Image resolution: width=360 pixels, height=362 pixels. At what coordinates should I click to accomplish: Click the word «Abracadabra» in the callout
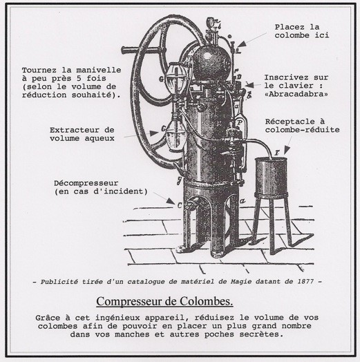(x=296, y=94)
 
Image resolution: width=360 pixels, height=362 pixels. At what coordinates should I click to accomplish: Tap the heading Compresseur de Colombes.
(x=164, y=301)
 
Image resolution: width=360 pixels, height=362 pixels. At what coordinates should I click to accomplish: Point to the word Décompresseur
(x=86, y=183)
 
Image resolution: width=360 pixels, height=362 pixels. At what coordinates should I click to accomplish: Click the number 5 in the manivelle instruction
(x=78, y=78)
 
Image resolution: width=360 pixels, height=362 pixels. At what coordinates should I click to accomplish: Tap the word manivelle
(x=99, y=70)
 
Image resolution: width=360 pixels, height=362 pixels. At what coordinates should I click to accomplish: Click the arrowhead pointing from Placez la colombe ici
(x=240, y=44)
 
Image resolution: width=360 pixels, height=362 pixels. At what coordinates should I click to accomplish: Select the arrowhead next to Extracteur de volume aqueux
(x=154, y=133)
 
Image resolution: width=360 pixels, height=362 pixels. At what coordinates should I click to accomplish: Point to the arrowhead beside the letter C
(x=171, y=201)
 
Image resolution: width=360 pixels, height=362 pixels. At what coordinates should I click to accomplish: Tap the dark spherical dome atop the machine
(x=211, y=63)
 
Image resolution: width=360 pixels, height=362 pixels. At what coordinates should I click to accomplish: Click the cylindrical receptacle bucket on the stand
(x=271, y=176)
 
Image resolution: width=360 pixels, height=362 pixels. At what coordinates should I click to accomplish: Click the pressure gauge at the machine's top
(x=211, y=22)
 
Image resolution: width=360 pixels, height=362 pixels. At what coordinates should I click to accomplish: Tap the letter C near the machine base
(x=180, y=204)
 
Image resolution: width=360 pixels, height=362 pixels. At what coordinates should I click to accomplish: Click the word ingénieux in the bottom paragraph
(x=117, y=318)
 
